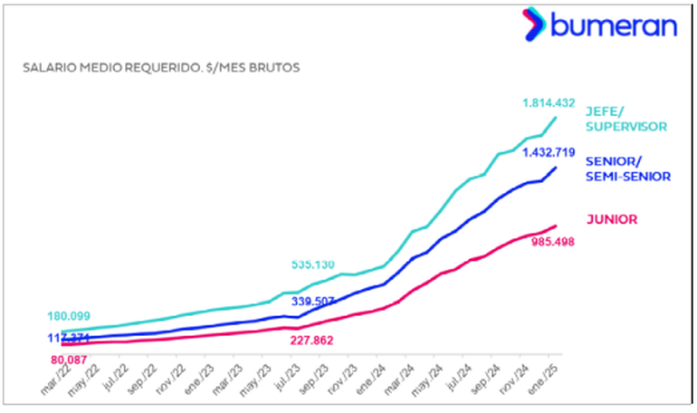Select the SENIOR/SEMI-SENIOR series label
tap(628, 168)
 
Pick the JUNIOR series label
tap(612, 218)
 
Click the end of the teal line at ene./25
tap(555, 118)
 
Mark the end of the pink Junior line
tap(555, 226)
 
